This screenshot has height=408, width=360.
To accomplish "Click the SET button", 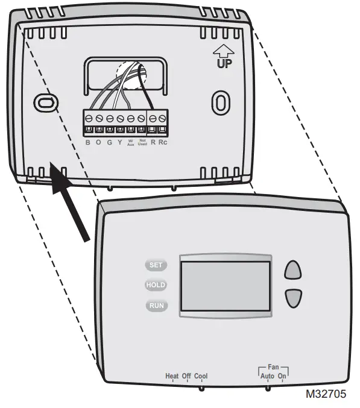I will click(x=155, y=265).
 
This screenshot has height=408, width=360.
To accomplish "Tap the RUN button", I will click(x=156, y=306).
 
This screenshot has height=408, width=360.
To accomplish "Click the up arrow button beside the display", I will click(x=292, y=269).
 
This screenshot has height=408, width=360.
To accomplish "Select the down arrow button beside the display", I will click(x=292, y=297).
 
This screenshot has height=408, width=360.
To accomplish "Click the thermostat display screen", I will click(x=226, y=286).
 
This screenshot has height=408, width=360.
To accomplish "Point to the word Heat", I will click(x=172, y=377).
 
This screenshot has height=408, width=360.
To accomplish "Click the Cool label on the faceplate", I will click(x=201, y=377).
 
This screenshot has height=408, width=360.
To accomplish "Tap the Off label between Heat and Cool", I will click(x=186, y=377).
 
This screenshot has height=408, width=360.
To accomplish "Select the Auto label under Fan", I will click(x=267, y=377).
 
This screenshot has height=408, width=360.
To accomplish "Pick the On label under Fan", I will click(x=282, y=377).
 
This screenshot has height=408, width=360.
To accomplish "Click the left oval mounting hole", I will click(x=43, y=102).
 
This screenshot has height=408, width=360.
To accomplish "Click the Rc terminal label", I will click(x=163, y=142).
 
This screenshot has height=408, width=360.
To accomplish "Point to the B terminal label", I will click(x=87, y=142).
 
